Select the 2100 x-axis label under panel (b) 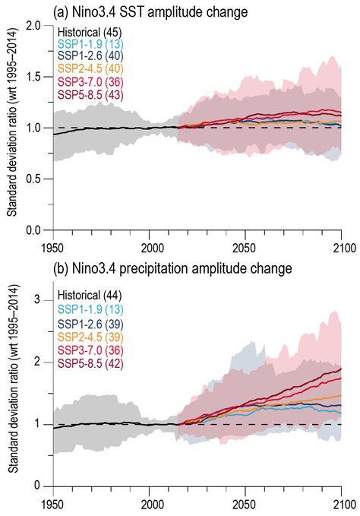(341, 503)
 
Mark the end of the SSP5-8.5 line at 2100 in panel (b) (341, 369)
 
